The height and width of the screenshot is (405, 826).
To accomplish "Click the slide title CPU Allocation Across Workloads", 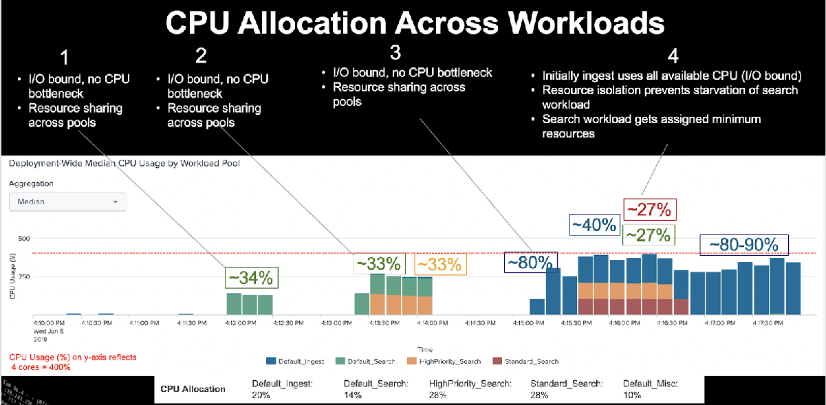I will [415, 23].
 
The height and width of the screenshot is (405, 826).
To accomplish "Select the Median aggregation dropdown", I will [67, 202].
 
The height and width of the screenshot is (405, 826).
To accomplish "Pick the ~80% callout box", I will [530, 262].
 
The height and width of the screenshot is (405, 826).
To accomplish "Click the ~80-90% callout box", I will [743, 245].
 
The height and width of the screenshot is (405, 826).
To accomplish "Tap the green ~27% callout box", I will [649, 234].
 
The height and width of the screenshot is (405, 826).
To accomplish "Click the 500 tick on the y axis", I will [25, 239].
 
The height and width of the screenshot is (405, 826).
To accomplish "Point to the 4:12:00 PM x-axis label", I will [241, 321].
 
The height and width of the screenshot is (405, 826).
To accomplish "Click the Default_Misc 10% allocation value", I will [631, 395].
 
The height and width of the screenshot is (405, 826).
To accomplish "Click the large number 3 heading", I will [395, 53].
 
